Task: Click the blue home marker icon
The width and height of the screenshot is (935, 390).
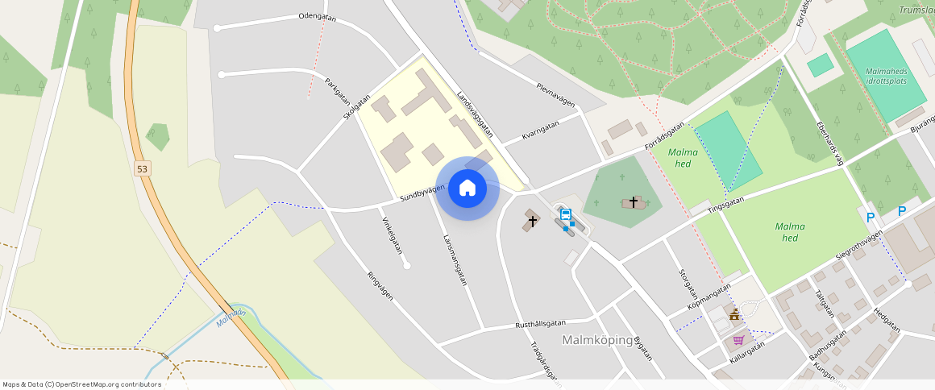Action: point(467,189)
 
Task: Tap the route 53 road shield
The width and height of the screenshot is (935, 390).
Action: point(143,168)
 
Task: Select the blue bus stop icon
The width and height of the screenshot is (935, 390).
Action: point(566,214)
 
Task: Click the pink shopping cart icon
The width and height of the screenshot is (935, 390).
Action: point(738,340)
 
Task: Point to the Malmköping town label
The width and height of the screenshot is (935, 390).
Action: point(596,339)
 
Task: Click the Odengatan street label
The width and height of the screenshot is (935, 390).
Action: point(317,16)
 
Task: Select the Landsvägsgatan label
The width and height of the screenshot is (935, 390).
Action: point(474,114)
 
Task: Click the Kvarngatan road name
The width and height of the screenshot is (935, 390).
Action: point(540,130)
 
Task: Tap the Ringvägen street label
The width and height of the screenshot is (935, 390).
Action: point(380,284)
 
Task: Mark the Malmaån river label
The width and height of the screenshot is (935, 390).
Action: point(231,318)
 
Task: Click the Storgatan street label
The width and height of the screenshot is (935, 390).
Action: point(688,284)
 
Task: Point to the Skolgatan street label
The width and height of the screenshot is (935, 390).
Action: point(356,108)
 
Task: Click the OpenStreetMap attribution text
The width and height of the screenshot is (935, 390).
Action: point(82,384)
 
